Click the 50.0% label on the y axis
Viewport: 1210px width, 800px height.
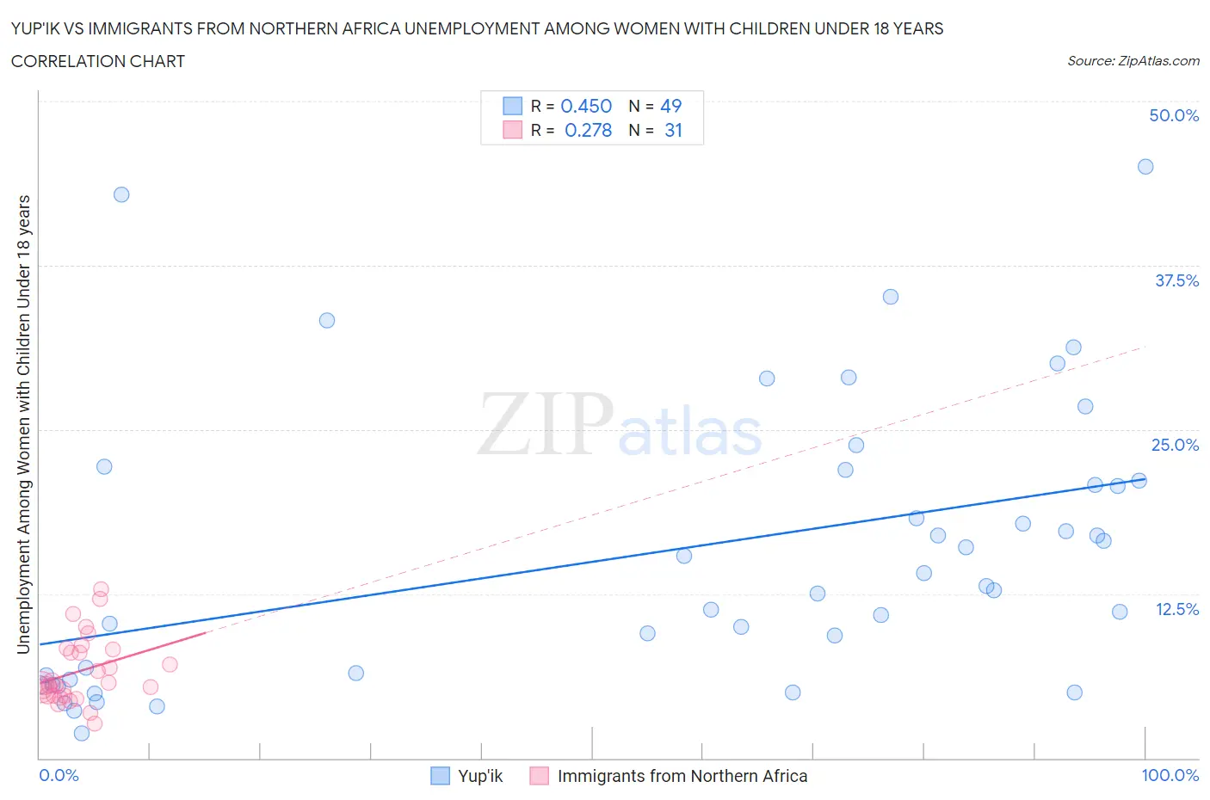(1174, 115)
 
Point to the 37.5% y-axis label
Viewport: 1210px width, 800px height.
(1176, 280)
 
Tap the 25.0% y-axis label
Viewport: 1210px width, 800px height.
(1175, 445)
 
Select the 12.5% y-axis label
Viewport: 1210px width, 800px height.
(1176, 609)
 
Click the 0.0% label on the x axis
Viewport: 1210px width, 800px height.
(59, 775)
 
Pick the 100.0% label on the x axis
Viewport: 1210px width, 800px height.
(1170, 775)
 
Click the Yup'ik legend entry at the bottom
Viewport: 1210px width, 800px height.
(479, 776)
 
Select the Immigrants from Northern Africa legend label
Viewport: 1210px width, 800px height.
(682, 776)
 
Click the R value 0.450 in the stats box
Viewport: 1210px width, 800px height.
(586, 106)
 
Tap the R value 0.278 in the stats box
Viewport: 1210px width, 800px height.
(588, 130)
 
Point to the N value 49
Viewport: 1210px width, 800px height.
(670, 106)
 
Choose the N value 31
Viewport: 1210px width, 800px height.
(673, 130)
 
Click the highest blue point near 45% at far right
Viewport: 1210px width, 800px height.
(1145, 167)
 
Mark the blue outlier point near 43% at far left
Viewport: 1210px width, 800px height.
(121, 194)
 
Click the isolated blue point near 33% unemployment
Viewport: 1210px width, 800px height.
(327, 320)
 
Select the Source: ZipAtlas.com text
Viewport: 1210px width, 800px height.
(1133, 61)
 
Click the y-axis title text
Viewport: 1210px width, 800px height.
(23, 424)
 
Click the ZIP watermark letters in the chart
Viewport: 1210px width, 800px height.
(546, 424)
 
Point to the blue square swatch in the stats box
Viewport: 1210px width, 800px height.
(512, 106)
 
